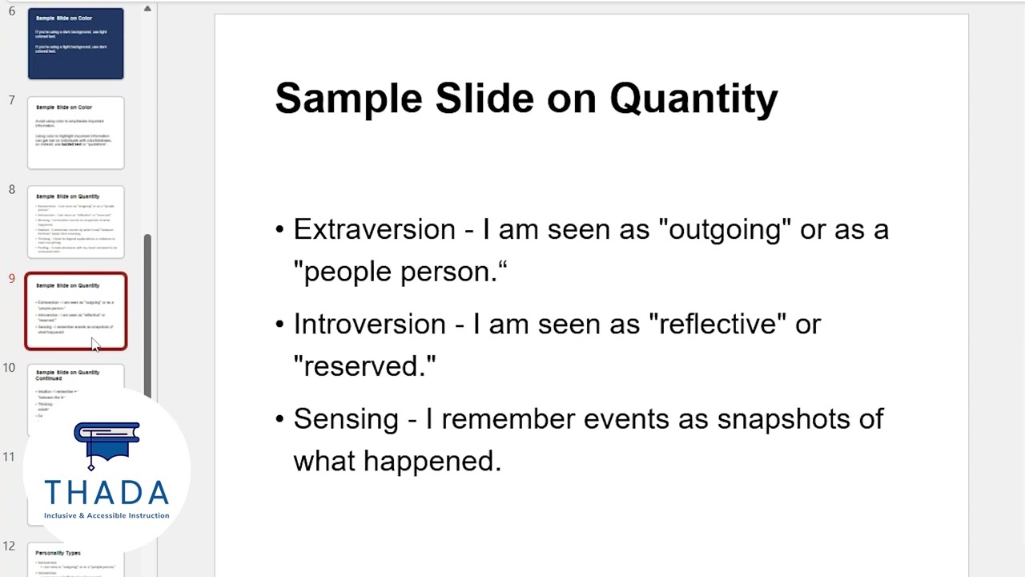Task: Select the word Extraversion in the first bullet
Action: [x=374, y=230]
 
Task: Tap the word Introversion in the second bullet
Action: [x=369, y=325]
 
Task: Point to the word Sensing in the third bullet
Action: [x=345, y=419]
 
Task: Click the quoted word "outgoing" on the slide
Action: [x=725, y=230]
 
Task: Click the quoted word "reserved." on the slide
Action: [x=364, y=366]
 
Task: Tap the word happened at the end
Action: [x=432, y=461]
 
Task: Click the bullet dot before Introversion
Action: [x=279, y=325]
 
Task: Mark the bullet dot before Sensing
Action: [x=279, y=419]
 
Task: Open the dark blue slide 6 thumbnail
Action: [x=76, y=44]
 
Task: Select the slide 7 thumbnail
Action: [x=76, y=133]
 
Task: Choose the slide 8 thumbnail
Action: [x=76, y=222]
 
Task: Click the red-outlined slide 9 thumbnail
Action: [x=76, y=312]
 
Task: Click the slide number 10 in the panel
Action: [x=9, y=368]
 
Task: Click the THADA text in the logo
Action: [x=107, y=492]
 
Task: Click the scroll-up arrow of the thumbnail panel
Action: [x=147, y=9]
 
